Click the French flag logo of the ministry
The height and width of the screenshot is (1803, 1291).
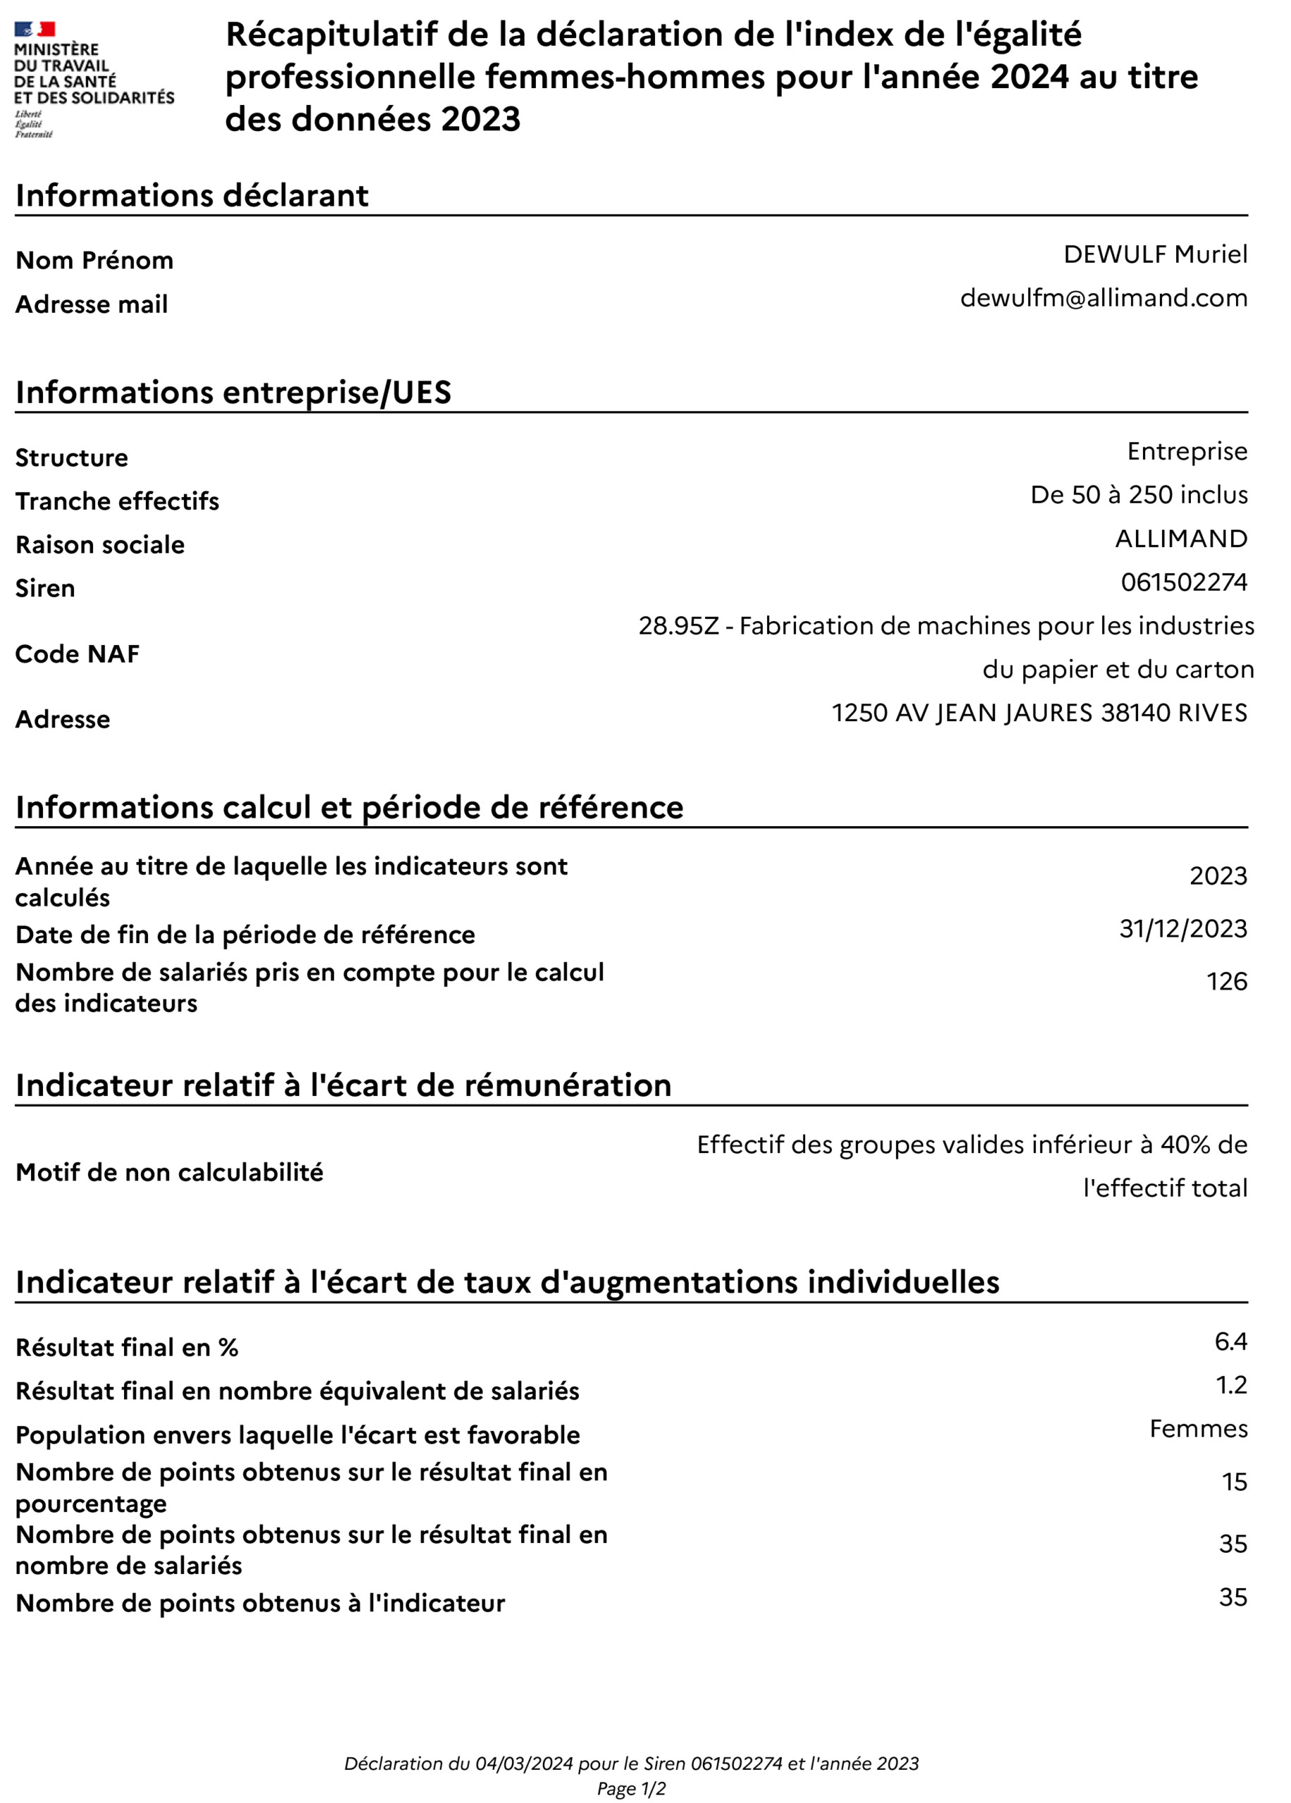(x=35, y=30)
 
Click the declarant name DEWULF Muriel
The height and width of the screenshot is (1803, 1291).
(x=1155, y=254)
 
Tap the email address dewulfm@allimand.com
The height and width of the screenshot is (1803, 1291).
(x=1104, y=298)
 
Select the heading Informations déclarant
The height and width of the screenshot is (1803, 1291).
(x=192, y=196)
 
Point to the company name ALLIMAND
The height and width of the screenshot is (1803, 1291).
(x=1180, y=539)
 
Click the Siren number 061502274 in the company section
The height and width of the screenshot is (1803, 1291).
(x=1184, y=582)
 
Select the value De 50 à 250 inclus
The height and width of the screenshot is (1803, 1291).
(x=1138, y=495)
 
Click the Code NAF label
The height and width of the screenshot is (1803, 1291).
(x=77, y=654)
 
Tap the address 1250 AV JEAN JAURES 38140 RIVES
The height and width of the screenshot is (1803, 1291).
(x=1039, y=713)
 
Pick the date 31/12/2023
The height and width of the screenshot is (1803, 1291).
(x=1183, y=928)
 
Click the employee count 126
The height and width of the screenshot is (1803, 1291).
(x=1227, y=982)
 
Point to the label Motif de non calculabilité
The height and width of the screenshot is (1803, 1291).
(x=169, y=1173)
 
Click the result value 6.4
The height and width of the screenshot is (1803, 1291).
(x=1230, y=1342)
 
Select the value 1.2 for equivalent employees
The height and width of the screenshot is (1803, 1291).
(x=1231, y=1385)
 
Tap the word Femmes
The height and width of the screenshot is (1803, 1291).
(x=1198, y=1429)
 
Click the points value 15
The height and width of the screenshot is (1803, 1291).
(x=1234, y=1482)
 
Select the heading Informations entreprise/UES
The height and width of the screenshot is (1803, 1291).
(x=233, y=393)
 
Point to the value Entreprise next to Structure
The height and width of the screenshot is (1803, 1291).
(x=1187, y=451)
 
